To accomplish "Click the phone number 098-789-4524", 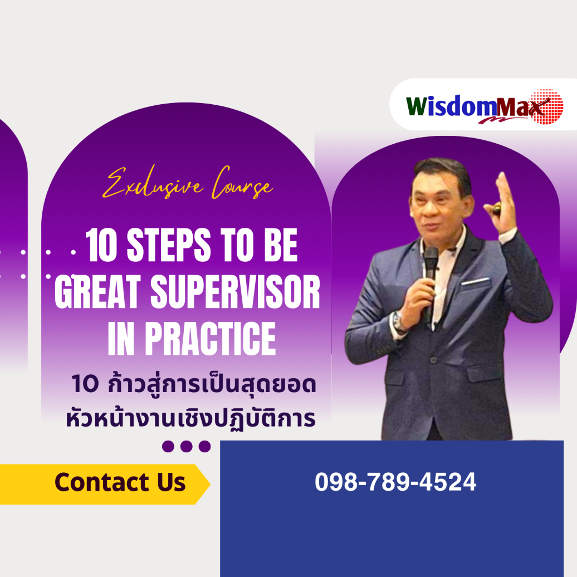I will click(x=395, y=482).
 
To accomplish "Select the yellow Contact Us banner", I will click(x=106, y=483).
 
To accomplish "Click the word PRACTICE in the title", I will click(x=216, y=340).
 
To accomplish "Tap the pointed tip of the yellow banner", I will click(x=208, y=483).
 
